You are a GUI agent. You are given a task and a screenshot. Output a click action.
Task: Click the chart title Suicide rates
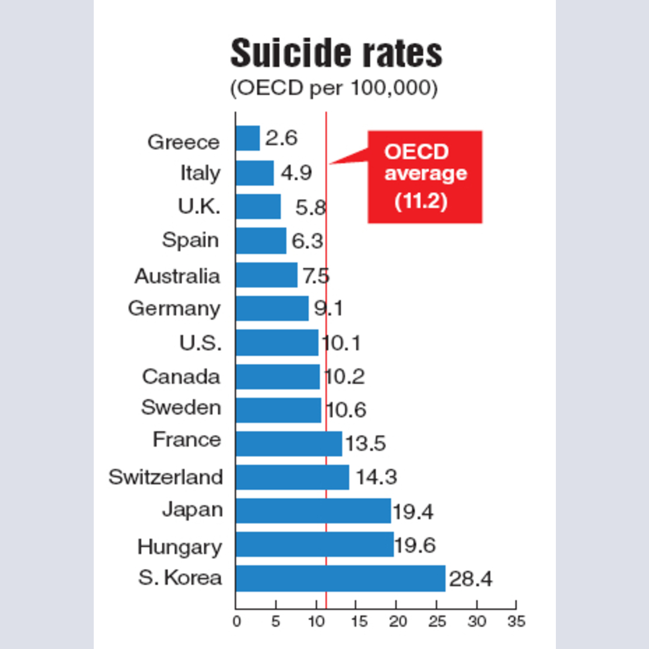336,53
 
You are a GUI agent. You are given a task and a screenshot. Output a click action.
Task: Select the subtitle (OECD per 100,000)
334,88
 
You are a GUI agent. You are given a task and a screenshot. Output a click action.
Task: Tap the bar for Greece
248,138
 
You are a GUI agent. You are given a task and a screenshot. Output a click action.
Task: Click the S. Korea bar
340,578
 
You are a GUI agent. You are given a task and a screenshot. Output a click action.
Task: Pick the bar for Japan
313,511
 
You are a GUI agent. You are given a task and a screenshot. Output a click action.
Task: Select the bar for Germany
272,308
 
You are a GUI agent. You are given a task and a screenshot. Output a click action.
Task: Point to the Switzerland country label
165,477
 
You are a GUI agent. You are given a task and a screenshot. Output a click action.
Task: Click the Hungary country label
180,547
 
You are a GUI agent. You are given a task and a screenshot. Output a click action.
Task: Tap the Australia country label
177,276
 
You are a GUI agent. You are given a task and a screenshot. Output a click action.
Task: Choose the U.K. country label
199,207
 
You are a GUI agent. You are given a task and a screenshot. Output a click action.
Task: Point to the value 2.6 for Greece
281,139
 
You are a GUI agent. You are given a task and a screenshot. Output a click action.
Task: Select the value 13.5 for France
365,445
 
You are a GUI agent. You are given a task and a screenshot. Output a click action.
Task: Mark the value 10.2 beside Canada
344,377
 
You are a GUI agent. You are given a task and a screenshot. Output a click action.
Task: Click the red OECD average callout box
425,177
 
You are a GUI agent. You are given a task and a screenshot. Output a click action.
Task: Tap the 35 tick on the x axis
516,621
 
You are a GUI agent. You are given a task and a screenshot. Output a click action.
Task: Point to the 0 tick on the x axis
236,621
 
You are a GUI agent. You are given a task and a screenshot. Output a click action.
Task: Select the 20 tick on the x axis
396,621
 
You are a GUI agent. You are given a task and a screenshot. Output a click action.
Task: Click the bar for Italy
255,173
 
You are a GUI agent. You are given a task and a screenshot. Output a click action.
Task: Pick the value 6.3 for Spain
307,242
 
